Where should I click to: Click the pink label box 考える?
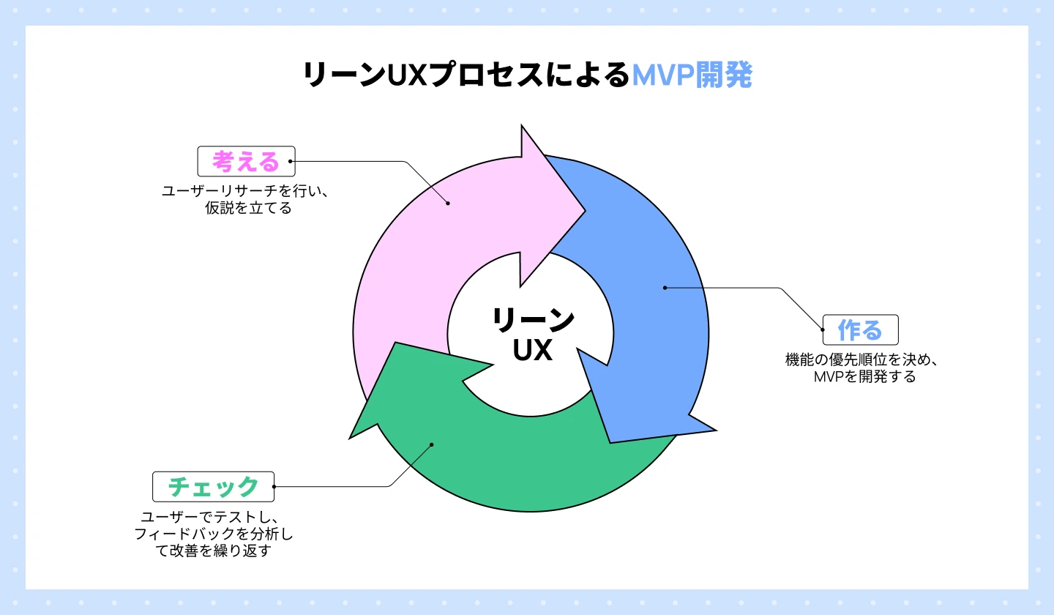click(x=246, y=161)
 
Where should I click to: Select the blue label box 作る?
click(x=860, y=330)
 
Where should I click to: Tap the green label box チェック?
click(x=213, y=486)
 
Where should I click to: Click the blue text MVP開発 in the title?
click(x=692, y=75)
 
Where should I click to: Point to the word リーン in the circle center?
click(x=532, y=321)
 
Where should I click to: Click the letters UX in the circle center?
click(x=532, y=351)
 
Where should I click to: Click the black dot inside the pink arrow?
click(x=448, y=204)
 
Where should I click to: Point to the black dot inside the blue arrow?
click(x=665, y=288)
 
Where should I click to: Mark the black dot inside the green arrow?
click(x=432, y=444)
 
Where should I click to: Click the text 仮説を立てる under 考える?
click(x=249, y=209)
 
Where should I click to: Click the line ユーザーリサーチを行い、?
click(x=247, y=191)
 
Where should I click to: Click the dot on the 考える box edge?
click(x=291, y=161)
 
